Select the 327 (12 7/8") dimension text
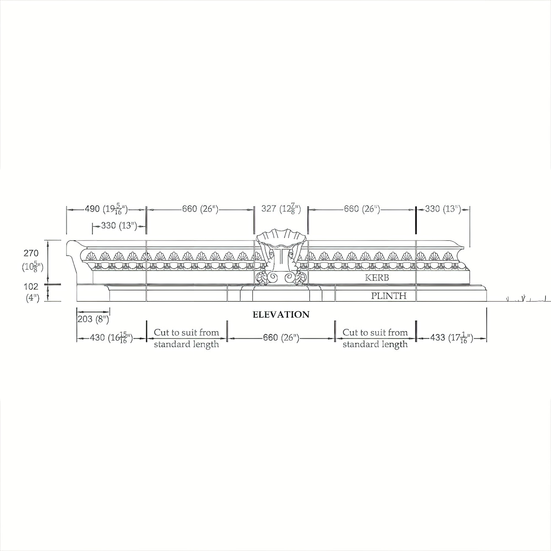tap(281, 209)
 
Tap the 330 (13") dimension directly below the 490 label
tap(119, 226)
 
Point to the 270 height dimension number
tap(31, 253)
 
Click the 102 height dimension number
tap(31, 286)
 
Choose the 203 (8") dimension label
tap(93, 319)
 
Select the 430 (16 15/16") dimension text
tap(112, 338)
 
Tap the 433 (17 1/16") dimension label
tap(452, 338)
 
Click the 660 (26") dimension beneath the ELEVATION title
tap(281, 338)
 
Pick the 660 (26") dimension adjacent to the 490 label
tap(200, 209)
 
